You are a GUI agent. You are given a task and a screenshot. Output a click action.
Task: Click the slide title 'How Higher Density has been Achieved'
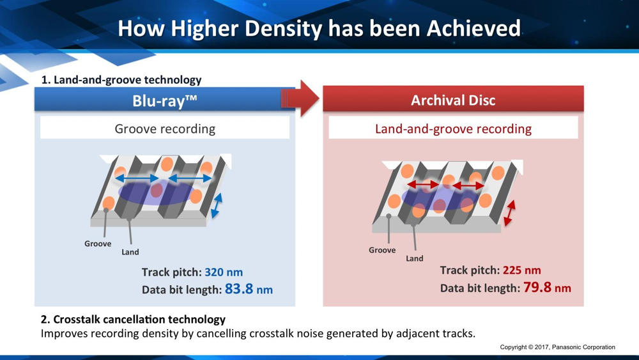[x=319, y=29]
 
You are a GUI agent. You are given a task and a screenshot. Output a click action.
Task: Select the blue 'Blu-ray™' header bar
[x=165, y=100]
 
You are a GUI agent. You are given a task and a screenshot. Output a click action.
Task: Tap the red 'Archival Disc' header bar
[x=453, y=100]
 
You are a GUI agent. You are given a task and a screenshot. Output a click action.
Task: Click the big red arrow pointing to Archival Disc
[x=300, y=98]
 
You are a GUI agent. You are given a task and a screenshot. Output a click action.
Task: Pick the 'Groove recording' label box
[x=165, y=129]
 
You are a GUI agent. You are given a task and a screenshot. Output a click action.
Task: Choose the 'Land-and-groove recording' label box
[x=453, y=129]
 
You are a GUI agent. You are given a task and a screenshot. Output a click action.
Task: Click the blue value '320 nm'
[x=224, y=272]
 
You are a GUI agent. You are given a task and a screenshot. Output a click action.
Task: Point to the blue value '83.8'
[x=239, y=288]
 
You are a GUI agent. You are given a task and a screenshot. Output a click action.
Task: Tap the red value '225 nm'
[x=521, y=270]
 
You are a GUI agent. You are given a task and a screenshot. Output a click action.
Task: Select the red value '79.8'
[x=537, y=287]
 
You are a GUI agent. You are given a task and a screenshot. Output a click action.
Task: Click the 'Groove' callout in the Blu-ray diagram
[x=98, y=244]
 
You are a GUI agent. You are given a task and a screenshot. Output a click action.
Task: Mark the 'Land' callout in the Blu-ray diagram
[x=130, y=252]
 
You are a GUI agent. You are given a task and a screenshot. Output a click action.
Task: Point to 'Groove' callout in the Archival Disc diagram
[x=382, y=250]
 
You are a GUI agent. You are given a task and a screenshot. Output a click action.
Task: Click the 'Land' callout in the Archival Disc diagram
[x=415, y=258]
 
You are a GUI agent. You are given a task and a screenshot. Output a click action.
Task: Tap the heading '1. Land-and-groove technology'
[x=121, y=80]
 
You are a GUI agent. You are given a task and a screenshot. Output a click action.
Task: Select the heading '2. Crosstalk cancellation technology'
[x=134, y=319]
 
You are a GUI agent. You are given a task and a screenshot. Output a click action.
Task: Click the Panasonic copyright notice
[x=557, y=347]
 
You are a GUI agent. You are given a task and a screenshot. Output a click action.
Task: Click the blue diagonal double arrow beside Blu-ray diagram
[x=217, y=205]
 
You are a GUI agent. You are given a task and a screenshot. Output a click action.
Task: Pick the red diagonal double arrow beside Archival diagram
[x=509, y=213]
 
